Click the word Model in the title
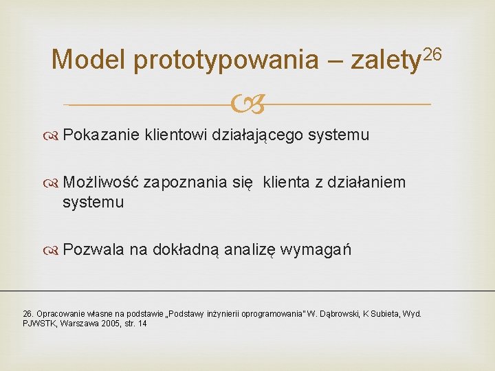pyautogui.click(x=88, y=60)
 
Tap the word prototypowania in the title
pyautogui.click(x=226, y=61)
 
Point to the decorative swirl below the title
pyautogui.click(x=247, y=104)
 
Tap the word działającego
pyautogui.click(x=258, y=135)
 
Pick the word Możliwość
pyautogui.click(x=101, y=182)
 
